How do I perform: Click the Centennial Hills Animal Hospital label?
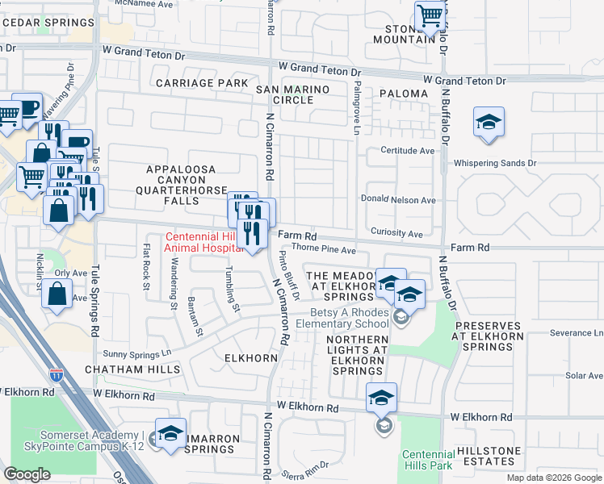coord(203,242)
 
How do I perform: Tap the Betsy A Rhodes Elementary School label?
coord(353,320)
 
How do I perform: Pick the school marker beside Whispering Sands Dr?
coord(489,123)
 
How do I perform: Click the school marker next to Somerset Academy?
coord(170,434)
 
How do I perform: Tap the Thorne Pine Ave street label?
coord(323,249)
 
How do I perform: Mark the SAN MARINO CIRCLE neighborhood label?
coord(292,94)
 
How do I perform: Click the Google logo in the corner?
coord(27,474)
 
